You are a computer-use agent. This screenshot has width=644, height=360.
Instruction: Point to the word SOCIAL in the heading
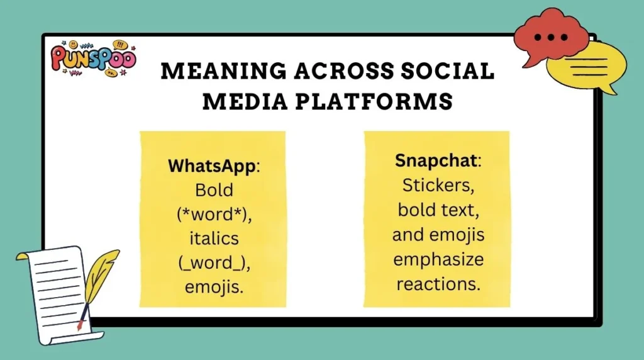tap(448, 71)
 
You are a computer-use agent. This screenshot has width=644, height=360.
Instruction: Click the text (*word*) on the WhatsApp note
tap(214, 214)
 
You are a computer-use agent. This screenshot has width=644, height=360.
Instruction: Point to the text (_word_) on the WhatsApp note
tap(214, 262)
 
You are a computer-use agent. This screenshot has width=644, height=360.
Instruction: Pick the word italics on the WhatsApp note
tap(214, 239)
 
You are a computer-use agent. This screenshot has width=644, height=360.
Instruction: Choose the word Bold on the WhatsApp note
tap(214, 190)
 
